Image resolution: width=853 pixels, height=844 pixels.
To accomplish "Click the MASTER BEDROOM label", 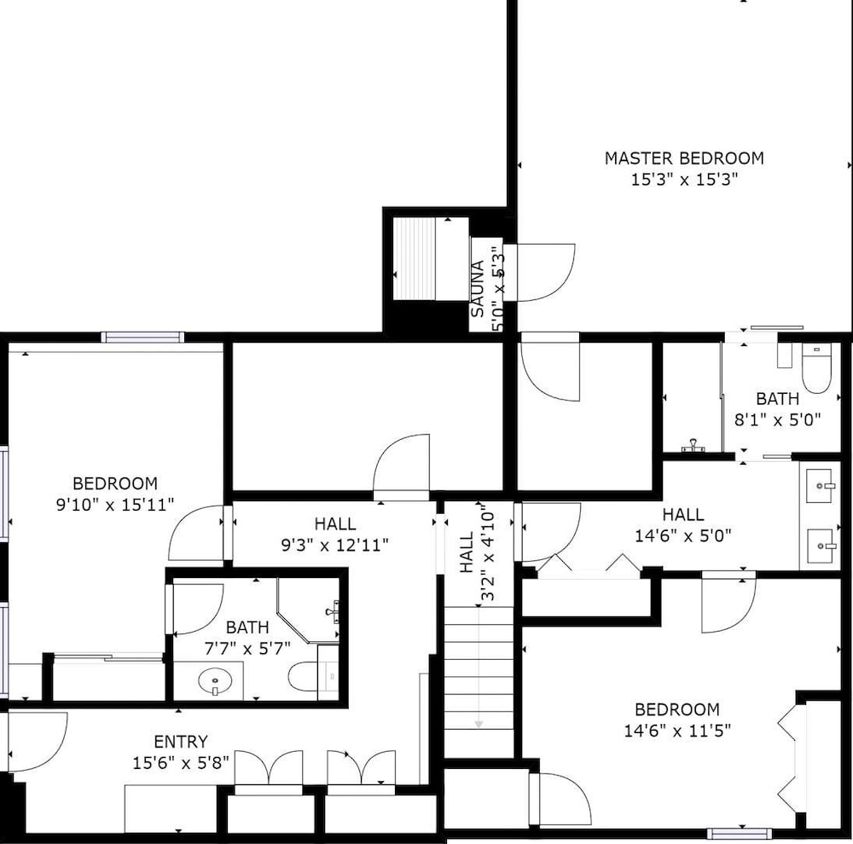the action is [684, 159].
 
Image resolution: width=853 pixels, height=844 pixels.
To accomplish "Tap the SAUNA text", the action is [477, 289].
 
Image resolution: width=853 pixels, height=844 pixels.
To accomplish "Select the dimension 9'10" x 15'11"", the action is [115, 505].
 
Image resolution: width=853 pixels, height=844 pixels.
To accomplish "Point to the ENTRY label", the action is [181, 742].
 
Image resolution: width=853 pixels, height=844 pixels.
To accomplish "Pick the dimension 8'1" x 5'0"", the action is [777, 419].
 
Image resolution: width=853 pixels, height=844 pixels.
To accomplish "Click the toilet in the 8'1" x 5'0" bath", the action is [816, 367].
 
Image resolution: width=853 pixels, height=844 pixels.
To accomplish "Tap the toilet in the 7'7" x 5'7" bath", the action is [303, 677].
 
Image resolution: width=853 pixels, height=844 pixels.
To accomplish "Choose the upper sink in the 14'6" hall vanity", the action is [819, 486].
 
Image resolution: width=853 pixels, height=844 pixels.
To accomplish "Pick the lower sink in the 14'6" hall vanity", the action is [819, 546].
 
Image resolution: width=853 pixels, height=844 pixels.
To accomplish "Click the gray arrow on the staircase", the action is [479, 668].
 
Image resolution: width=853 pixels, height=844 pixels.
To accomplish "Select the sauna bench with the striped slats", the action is [414, 259].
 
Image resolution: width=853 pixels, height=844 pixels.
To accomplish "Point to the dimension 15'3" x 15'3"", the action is [684, 179].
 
